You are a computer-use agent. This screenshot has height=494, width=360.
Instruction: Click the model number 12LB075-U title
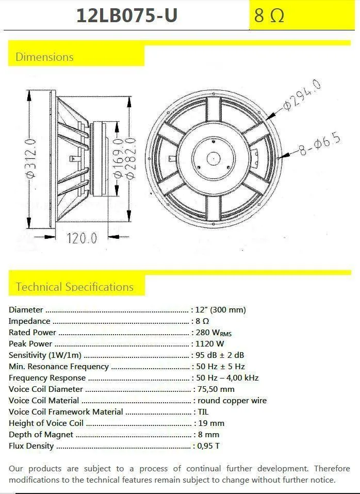[127, 15]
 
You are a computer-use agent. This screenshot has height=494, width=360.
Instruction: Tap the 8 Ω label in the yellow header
[269, 15]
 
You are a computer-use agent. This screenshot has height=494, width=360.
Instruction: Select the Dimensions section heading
[44, 57]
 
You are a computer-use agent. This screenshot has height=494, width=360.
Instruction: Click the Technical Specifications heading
[75, 287]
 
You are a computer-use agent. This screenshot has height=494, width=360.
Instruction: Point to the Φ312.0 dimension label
[31, 159]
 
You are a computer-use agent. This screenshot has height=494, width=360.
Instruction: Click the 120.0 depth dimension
[81, 238]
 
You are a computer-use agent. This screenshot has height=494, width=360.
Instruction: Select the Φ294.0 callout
[302, 95]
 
